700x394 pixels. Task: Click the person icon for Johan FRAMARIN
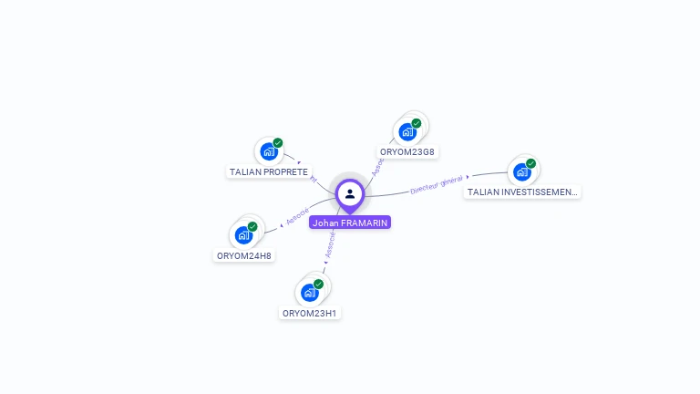point(350,193)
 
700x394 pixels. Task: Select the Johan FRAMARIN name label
point(350,223)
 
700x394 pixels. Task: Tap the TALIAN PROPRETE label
point(269,171)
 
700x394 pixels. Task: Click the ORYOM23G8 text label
point(407,151)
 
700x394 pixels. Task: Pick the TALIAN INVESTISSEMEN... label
point(521,192)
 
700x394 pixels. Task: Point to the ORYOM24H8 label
point(244,255)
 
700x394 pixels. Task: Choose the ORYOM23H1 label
point(310,313)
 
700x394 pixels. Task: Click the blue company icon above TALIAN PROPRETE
point(268,151)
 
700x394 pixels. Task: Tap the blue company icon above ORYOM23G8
point(407,131)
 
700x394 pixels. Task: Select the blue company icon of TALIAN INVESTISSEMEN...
point(521,171)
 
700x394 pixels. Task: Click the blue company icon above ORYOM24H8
point(243,235)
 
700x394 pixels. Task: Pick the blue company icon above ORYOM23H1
point(309,293)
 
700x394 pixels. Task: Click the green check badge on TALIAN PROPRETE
point(278,143)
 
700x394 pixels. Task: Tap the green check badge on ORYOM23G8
point(417,123)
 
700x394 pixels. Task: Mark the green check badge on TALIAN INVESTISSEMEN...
point(531,164)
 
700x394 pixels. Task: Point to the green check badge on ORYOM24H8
point(252,227)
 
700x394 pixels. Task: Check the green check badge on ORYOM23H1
point(318,285)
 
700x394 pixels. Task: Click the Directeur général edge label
point(437,185)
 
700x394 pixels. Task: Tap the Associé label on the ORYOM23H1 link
point(331,244)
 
